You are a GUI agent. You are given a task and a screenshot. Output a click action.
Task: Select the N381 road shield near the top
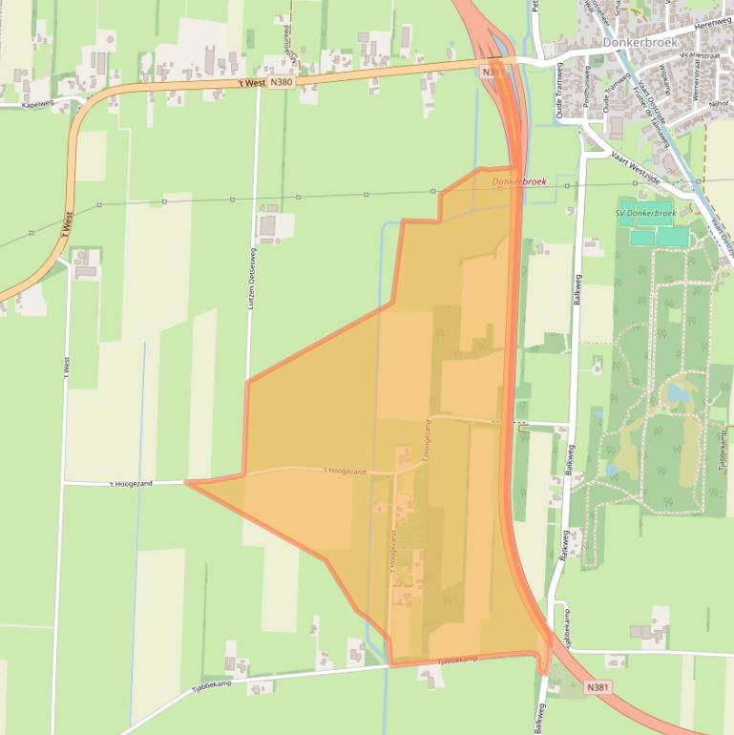click(492, 72)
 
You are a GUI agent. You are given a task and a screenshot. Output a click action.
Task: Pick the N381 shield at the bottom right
click(598, 686)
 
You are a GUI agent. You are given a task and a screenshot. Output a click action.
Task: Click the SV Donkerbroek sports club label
click(645, 213)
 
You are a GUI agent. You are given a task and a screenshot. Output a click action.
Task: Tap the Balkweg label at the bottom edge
click(540, 718)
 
